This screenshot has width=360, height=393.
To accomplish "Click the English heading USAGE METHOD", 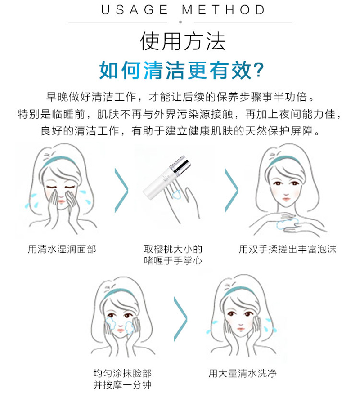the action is click(183, 10).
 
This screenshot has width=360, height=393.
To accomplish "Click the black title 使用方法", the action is click(183, 41).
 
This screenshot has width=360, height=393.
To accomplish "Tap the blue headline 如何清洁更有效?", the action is click(182, 71).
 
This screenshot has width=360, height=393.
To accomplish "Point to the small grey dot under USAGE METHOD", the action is click(180, 22).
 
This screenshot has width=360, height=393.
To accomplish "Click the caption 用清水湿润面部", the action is click(62, 249).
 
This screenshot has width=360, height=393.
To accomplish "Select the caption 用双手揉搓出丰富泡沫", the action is click(288, 249).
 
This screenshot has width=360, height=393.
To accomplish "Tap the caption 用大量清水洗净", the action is click(243, 373).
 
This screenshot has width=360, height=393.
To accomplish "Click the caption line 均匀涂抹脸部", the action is click(122, 373).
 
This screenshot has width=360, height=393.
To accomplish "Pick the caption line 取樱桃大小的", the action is click(173, 249).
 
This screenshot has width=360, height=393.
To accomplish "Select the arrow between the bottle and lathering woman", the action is click(231, 191).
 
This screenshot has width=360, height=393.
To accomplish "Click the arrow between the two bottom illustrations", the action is click(180, 319).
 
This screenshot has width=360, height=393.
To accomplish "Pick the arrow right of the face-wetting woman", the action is click(121, 191).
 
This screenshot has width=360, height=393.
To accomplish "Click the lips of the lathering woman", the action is click(286, 199).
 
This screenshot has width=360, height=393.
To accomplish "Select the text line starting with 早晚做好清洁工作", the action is click(180, 97).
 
